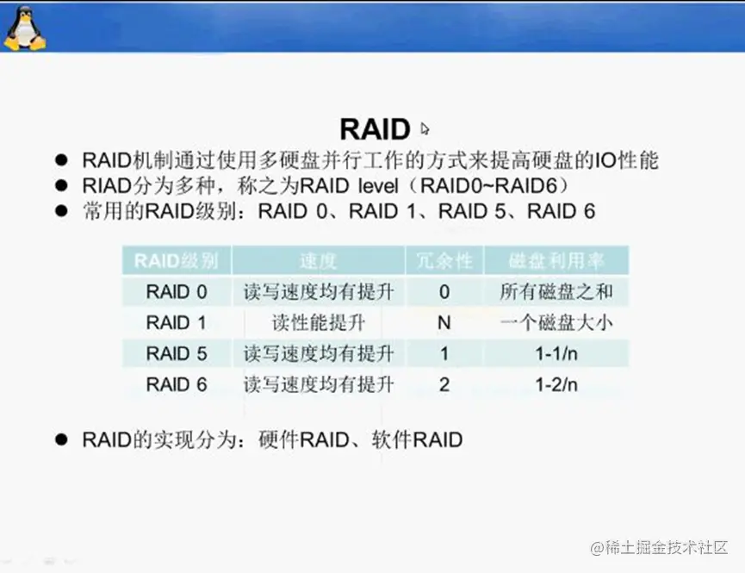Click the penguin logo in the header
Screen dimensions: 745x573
[x=25, y=28]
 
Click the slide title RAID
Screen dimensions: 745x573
[x=375, y=129]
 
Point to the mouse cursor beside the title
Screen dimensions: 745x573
[x=425, y=129]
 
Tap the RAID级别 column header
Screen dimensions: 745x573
[x=176, y=260]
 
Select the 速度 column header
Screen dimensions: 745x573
[x=318, y=260]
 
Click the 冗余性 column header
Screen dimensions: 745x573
[x=444, y=260]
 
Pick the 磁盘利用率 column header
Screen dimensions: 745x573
[x=556, y=260]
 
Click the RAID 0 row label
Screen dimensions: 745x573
[x=177, y=291]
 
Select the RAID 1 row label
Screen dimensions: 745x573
[x=177, y=323]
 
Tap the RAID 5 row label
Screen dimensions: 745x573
[x=177, y=354]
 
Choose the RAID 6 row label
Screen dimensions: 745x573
[x=177, y=384]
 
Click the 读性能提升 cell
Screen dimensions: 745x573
[x=319, y=323]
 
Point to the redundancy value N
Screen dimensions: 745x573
[x=444, y=323]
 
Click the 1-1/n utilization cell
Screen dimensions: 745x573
[x=556, y=354]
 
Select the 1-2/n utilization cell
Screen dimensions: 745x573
[x=556, y=384]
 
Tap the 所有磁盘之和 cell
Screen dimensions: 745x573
[x=556, y=291]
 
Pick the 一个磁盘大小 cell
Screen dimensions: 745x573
[x=556, y=323]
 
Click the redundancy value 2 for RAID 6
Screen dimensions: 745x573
[x=444, y=384]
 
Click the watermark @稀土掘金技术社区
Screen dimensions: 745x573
[x=659, y=548]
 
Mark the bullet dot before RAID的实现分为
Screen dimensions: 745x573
[x=61, y=439]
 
